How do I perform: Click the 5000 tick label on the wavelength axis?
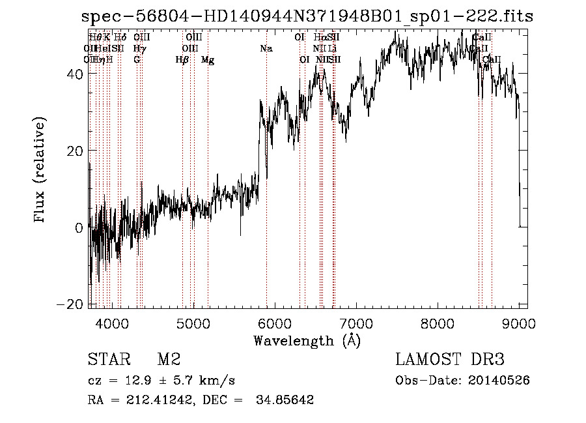(193, 323)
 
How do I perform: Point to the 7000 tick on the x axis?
(356, 323)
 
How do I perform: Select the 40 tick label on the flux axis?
(76, 74)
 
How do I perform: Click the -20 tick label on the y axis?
(71, 304)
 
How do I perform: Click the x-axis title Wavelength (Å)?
(307, 340)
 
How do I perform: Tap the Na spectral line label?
(266, 49)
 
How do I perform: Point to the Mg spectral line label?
(208, 60)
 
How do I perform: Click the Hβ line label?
(182, 60)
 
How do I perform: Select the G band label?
(137, 60)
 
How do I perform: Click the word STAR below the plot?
(105, 360)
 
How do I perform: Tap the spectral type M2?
(169, 360)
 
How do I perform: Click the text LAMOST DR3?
(450, 360)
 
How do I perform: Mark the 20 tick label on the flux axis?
(76, 151)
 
